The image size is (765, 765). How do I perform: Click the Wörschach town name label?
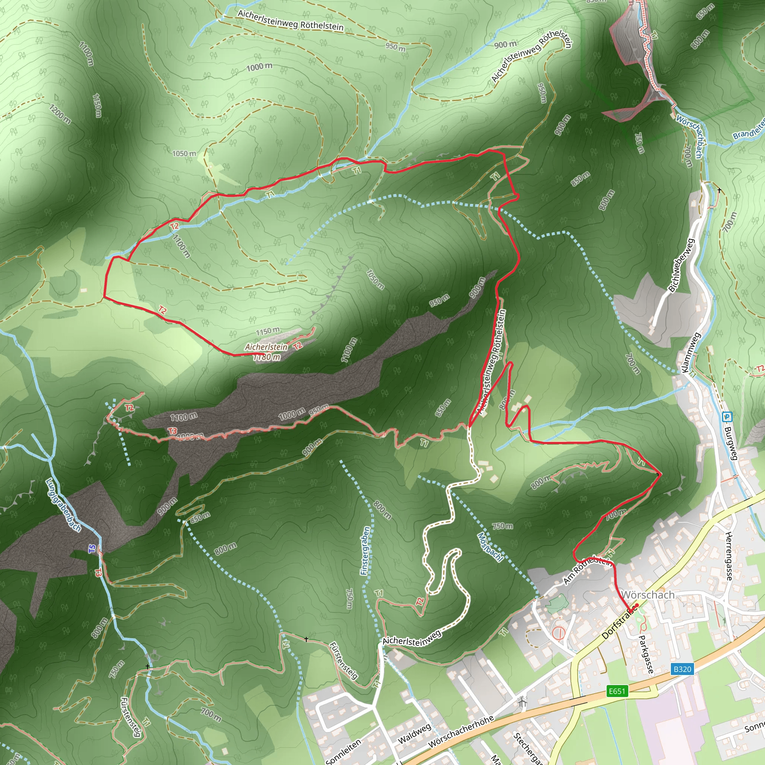tap(648, 595)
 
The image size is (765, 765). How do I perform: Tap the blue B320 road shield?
tap(682, 669)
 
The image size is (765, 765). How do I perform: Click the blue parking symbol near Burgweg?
tap(727, 416)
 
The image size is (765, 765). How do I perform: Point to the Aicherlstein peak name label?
tap(266, 347)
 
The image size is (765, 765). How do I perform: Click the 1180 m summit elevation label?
tap(267, 357)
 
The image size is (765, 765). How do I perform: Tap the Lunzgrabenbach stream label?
tap(64, 505)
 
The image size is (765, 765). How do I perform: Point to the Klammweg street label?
tap(691, 352)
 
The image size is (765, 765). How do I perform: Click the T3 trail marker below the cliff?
tap(172, 431)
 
